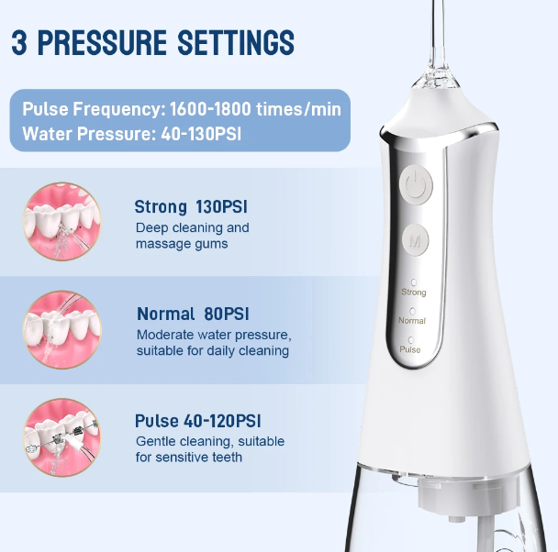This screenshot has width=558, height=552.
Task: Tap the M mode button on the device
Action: pos(416,241)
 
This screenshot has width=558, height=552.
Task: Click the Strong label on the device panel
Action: pos(414,292)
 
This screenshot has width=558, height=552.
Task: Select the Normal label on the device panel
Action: pos(412,321)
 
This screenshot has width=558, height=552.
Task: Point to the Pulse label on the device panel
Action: pos(410,349)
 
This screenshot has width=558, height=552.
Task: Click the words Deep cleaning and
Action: pos(192,227)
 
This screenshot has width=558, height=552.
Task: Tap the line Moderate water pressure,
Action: pos(213,334)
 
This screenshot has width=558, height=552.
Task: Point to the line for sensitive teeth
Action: pos(189,457)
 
